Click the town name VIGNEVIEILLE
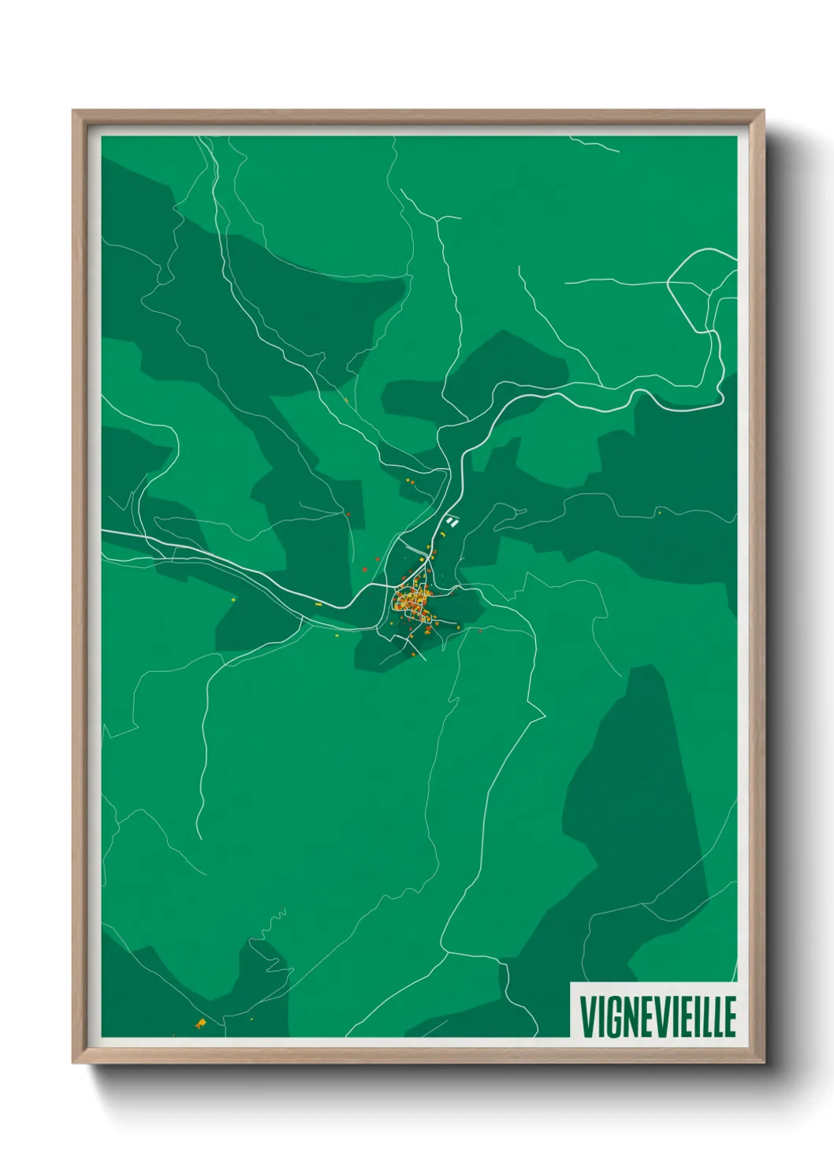click(x=657, y=1016)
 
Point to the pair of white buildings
click(x=452, y=520)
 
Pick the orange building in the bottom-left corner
click(x=200, y=1023)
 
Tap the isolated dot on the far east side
click(x=659, y=512)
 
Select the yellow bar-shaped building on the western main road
click(x=318, y=603)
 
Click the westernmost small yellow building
click(x=233, y=600)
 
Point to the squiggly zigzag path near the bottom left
click(x=277, y=917)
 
